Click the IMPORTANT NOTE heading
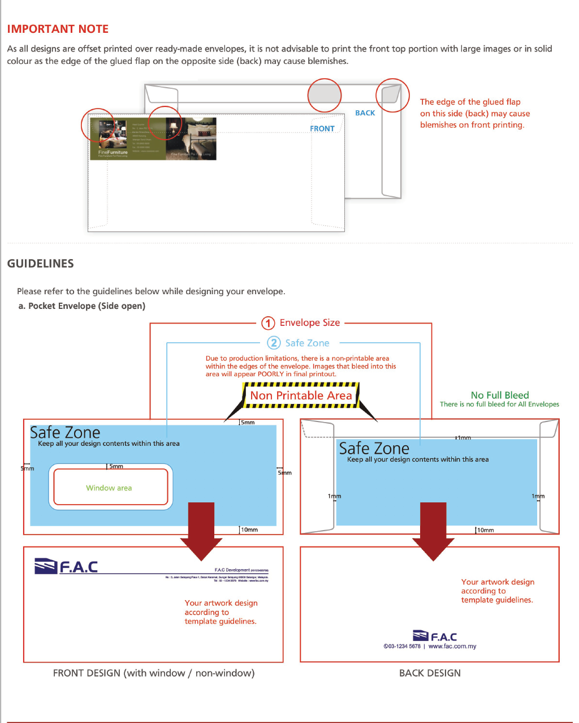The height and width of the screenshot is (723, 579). pyautogui.click(x=58, y=29)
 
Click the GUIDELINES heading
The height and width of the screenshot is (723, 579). pyautogui.click(x=40, y=264)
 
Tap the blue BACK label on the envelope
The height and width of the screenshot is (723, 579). pyautogui.click(x=365, y=113)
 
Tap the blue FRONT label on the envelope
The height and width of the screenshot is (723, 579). pyautogui.click(x=322, y=129)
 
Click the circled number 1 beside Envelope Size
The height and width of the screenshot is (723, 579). pyautogui.click(x=268, y=323)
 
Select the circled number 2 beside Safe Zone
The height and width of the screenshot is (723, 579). pyautogui.click(x=274, y=343)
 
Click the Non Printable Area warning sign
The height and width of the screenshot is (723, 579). pyautogui.click(x=301, y=395)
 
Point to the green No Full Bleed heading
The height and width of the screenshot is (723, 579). pyautogui.click(x=500, y=395)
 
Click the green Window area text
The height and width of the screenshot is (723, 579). pyautogui.click(x=109, y=488)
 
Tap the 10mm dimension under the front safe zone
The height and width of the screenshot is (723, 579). pyautogui.click(x=249, y=530)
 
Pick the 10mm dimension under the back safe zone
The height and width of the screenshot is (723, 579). pyautogui.click(x=485, y=530)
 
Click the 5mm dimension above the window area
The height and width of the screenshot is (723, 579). pyautogui.click(x=116, y=466)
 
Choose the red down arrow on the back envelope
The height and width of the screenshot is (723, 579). pyautogui.click(x=433, y=530)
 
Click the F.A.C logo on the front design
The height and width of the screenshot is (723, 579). pyautogui.click(x=66, y=566)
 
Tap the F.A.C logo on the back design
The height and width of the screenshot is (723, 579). pyautogui.click(x=435, y=636)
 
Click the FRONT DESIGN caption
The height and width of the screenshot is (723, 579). pyautogui.click(x=154, y=673)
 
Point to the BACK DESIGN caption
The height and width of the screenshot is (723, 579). pyautogui.click(x=430, y=673)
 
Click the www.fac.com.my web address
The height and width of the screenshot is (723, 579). pyautogui.click(x=452, y=646)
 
